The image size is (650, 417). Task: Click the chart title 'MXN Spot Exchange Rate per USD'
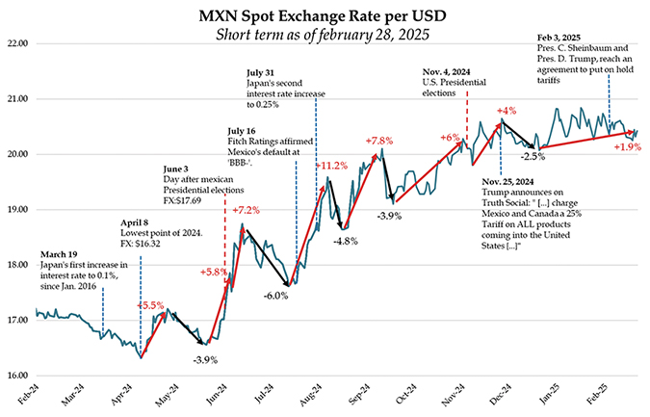(x=325, y=15)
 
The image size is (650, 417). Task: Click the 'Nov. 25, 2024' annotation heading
(x=507, y=181)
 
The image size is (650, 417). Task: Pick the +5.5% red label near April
(x=151, y=305)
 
